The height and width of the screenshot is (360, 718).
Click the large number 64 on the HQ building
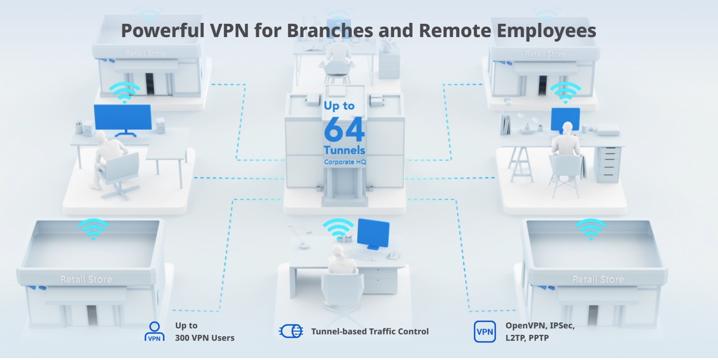344,130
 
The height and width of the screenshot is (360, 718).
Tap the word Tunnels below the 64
344,150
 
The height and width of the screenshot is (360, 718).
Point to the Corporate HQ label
345,162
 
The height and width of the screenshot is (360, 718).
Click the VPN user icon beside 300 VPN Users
154,331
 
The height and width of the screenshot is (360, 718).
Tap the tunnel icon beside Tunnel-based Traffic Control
291,331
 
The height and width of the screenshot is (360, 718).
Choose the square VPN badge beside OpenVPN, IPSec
484,332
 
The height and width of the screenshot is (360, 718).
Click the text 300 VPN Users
205,338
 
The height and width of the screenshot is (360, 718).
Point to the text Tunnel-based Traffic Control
370,332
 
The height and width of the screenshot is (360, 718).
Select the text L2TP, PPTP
527,338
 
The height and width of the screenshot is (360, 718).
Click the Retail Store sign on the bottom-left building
86,279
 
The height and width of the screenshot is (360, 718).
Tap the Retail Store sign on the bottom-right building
598,279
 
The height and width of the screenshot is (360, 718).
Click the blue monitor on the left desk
122,118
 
